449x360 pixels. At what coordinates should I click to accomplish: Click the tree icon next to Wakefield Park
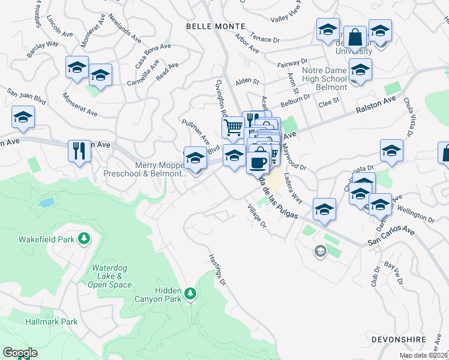tap(85, 239)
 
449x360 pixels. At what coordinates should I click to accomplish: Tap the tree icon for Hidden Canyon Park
tap(190, 293)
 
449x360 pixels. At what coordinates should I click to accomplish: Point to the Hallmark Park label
tap(52, 322)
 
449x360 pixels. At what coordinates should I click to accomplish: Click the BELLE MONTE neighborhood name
tap(215, 26)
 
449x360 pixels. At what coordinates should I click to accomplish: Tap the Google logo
tap(20, 353)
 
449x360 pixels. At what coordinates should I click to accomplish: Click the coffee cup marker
tap(258, 161)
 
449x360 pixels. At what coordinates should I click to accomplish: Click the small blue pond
tap(47, 202)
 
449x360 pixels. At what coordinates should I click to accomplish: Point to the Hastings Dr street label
tap(217, 269)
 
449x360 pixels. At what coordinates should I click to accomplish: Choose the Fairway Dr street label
tap(292, 63)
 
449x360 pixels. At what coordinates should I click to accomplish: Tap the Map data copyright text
tap(424, 355)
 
